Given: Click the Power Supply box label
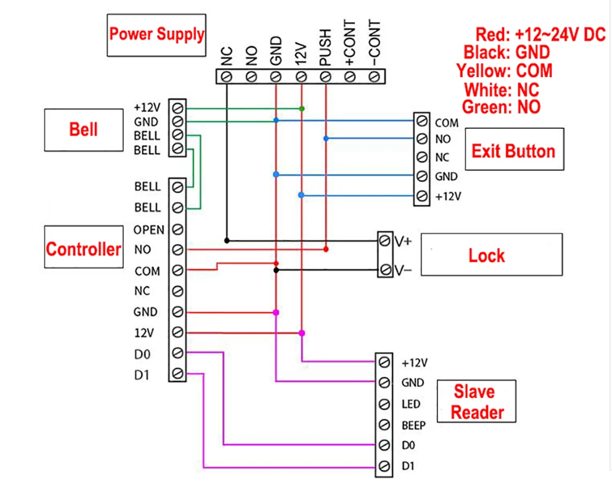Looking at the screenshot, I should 157,34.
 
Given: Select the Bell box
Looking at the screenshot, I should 83,130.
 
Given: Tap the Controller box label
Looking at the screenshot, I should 83,249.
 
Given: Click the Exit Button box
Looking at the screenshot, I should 513,151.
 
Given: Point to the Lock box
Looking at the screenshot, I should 487,255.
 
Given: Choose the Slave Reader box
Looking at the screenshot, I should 477,402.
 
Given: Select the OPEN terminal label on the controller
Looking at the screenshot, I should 149,230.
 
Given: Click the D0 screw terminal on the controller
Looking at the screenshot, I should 177,353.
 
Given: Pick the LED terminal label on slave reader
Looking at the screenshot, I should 411,404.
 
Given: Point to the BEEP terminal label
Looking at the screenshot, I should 413,425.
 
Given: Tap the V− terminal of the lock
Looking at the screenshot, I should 385,269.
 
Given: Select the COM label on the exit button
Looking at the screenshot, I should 446,123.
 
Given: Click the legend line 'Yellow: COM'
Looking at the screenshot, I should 504,71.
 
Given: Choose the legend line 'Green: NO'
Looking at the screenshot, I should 501,107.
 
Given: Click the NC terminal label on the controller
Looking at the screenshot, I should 141,291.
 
